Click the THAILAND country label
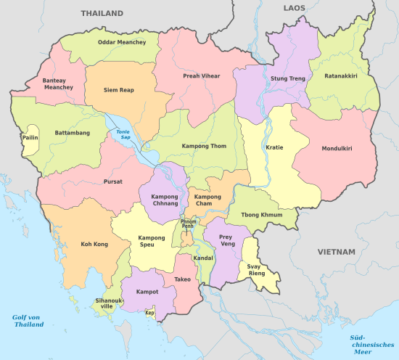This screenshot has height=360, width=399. pyautogui.click(x=102, y=13)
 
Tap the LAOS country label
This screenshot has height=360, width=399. pyautogui.click(x=295, y=7)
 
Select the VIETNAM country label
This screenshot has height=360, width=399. pyautogui.click(x=336, y=252)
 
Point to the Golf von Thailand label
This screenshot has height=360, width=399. pyautogui.click(x=29, y=321)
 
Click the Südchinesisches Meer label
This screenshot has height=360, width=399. pyautogui.click(x=364, y=343)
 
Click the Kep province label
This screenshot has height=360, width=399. pyautogui.click(x=150, y=313)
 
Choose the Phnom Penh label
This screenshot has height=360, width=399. pyautogui.click(x=189, y=224)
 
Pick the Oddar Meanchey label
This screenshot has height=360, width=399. pyautogui.click(x=121, y=42)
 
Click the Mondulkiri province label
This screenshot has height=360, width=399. pyautogui.click(x=337, y=148)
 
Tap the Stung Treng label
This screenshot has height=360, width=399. pyautogui.click(x=288, y=78)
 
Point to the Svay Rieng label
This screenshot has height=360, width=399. pyautogui.click(x=256, y=270)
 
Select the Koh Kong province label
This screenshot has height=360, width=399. pyautogui.click(x=94, y=245)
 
